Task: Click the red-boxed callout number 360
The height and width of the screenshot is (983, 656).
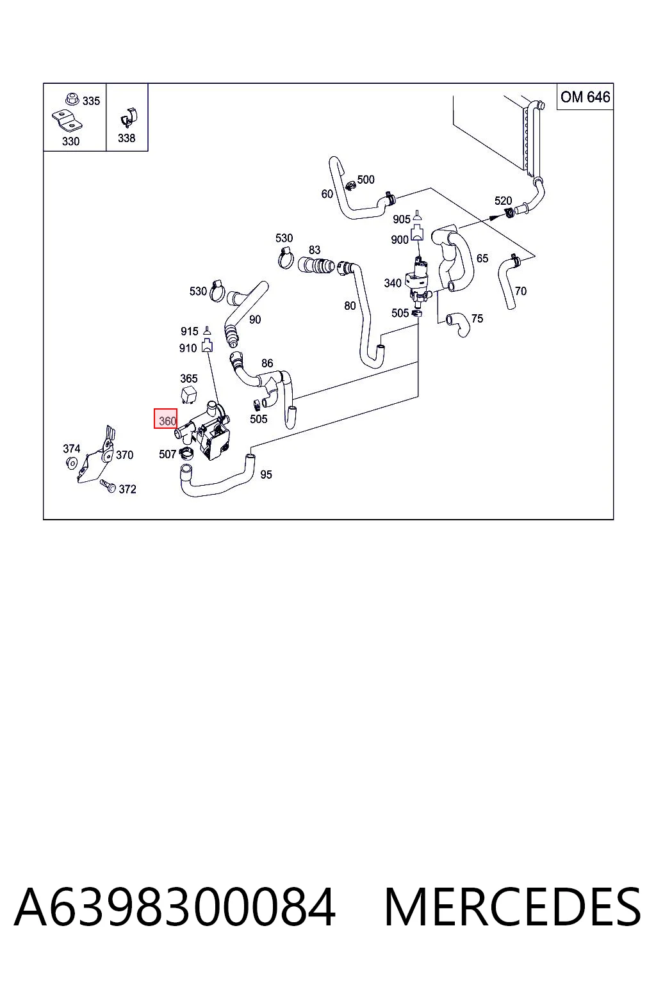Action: tap(167, 421)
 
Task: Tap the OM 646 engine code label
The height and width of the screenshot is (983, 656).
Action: tap(585, 97)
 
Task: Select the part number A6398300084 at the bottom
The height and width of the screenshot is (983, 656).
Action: tap(175, 907)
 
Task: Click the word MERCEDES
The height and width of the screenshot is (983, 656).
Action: tap(512, 907)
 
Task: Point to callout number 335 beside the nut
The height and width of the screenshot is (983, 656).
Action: tap(91, 101)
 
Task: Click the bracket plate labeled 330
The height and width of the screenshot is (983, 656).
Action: tap(67, 121)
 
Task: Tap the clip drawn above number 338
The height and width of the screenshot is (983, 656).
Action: tap(128, 118)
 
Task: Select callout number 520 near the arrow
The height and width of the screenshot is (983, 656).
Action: tap(503, 200)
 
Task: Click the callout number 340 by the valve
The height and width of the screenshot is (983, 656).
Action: tap(392, 283)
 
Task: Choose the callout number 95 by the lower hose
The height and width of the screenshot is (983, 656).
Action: tap(266, 474)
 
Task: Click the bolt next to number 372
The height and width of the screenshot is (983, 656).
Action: tap(107, 485)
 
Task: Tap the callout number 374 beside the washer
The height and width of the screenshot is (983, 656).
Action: tap(71, 449)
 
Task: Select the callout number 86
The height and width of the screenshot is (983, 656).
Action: tap(266, 363)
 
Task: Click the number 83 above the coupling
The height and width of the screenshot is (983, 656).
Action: tap(314, 250)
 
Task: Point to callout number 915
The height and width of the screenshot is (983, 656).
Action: tap(190, 331)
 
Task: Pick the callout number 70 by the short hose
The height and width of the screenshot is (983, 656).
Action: tap(520, 291)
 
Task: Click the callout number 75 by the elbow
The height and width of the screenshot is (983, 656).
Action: tap(477, 319)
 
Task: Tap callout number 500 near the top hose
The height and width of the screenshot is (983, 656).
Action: tap(366, 179)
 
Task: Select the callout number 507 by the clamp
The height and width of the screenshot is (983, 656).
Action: tap(167, 454)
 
